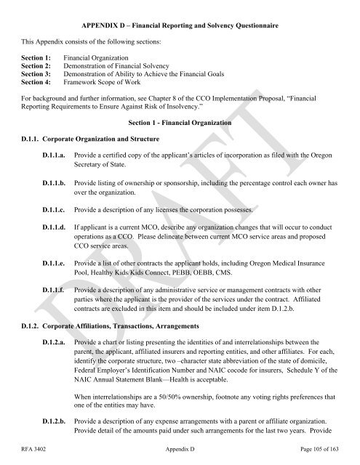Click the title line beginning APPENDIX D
(x=179, y=12)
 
